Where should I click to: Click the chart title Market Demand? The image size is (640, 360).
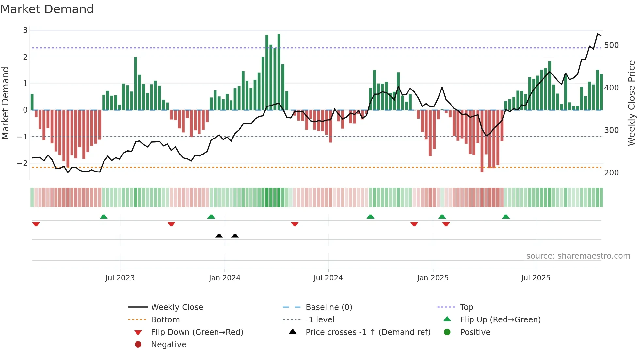(47, 9)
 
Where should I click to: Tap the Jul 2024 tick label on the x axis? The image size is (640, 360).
(328, 278)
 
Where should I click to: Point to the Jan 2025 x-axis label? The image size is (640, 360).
(433, 278)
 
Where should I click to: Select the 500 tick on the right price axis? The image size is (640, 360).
(611, 45)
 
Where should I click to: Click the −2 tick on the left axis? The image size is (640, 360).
(23, 163)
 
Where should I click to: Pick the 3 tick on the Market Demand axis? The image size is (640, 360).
(25, 30)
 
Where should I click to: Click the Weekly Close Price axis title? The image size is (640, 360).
(632, 103)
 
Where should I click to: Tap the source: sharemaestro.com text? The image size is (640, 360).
(578, 256)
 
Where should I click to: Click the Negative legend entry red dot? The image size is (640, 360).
(138, 345)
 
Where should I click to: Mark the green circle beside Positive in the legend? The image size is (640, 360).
(447, 332)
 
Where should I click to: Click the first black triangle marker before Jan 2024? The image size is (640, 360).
(219, 236)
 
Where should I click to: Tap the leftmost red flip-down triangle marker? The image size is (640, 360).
(36, 224)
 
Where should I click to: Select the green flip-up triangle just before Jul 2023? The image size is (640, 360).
(104, 217)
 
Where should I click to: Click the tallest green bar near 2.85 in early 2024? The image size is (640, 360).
(279, 72)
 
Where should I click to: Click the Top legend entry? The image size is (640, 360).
(466, 307)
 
